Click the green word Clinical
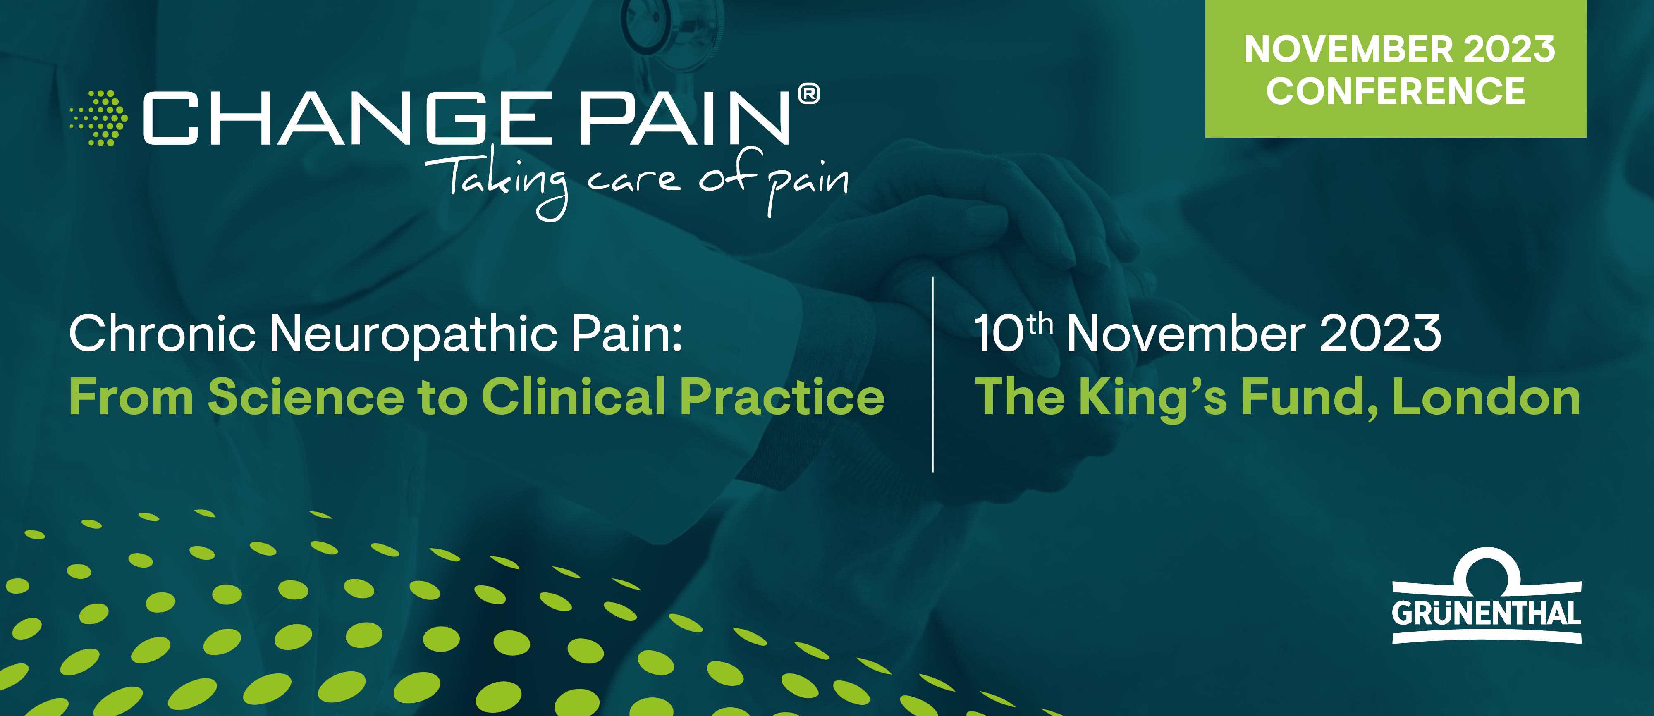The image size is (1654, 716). coord(574,396)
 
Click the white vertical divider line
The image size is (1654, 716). coord(933,375)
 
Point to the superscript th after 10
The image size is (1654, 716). coord(1040,324)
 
